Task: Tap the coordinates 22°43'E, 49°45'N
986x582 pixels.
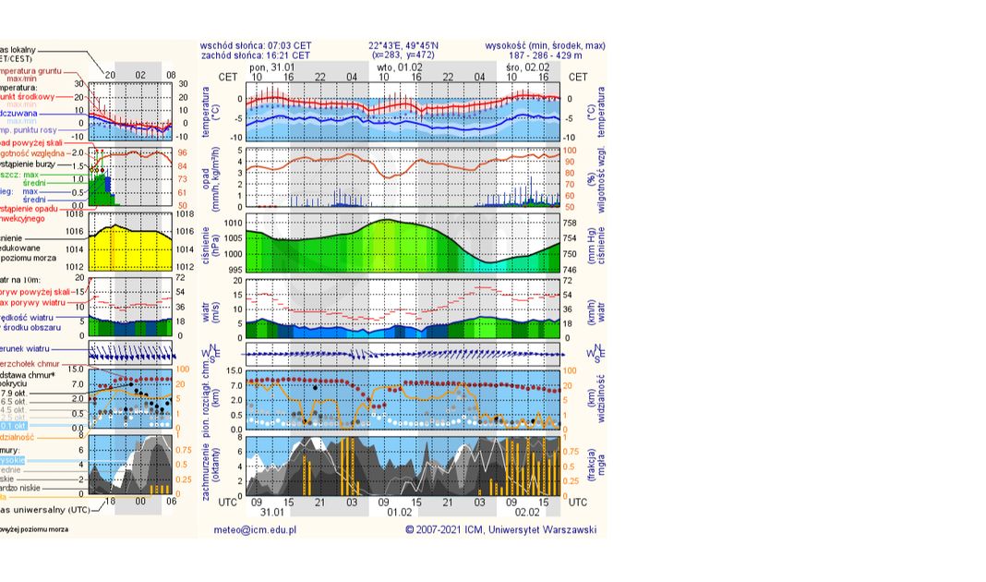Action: point(403,44)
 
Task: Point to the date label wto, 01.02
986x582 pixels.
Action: point(399,67)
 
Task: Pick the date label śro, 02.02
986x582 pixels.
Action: point(529,67)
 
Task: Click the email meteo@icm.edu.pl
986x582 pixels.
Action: point(255,530)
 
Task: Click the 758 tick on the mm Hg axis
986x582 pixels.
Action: point(569,224)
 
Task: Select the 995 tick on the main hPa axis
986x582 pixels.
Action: point(234,270)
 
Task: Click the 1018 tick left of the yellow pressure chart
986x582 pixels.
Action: point(76,213)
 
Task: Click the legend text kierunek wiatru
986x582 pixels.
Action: point(37,349)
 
